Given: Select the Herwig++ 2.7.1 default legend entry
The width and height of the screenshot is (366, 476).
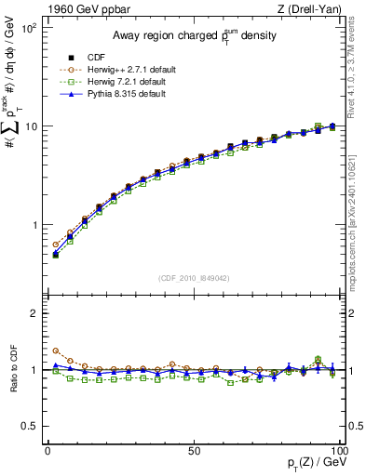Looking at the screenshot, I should tap(129, 68).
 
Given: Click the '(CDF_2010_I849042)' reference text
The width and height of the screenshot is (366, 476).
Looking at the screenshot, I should tap(193, 276).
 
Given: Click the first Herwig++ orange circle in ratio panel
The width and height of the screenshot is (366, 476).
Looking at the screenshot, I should tap(55, 351).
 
